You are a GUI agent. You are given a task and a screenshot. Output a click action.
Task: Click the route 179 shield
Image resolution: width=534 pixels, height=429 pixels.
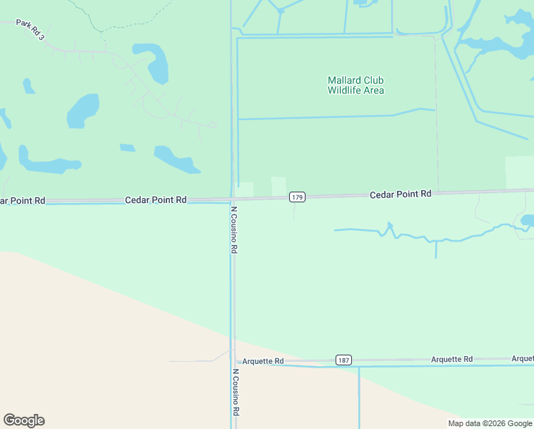click(x=298, y=197)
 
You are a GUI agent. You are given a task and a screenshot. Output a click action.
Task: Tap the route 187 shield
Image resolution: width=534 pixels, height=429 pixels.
click(x=343, y=360)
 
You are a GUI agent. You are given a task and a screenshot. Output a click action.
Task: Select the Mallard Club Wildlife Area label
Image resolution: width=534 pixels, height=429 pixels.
click(x=356, y=85)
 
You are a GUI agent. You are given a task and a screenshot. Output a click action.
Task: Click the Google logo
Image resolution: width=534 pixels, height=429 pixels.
click(x=24, y=420)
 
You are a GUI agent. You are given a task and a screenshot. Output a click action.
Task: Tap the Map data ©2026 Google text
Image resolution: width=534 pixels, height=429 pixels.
click(x=490, y=423)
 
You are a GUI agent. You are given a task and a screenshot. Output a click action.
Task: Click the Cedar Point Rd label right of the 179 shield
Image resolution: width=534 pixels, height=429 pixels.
click(x=400, y=194)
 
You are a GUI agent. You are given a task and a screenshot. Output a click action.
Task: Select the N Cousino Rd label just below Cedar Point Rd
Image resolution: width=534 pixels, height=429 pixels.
click(x=233, y=230)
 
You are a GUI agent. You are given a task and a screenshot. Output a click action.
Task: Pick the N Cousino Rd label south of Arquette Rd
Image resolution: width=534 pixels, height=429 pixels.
click(x=233, y=393)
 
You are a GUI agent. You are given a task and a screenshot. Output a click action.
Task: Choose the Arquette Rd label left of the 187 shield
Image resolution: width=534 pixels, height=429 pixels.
click(x=263, y=361)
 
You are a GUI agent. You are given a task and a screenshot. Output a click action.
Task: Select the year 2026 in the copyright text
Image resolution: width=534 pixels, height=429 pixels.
click(x=493, y=423)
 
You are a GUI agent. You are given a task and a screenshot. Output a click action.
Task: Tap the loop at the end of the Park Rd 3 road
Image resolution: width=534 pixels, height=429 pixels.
click(x=212, y=124)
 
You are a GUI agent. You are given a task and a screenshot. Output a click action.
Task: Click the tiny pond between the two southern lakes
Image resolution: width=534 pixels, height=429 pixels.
click(x=127, y=148)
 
